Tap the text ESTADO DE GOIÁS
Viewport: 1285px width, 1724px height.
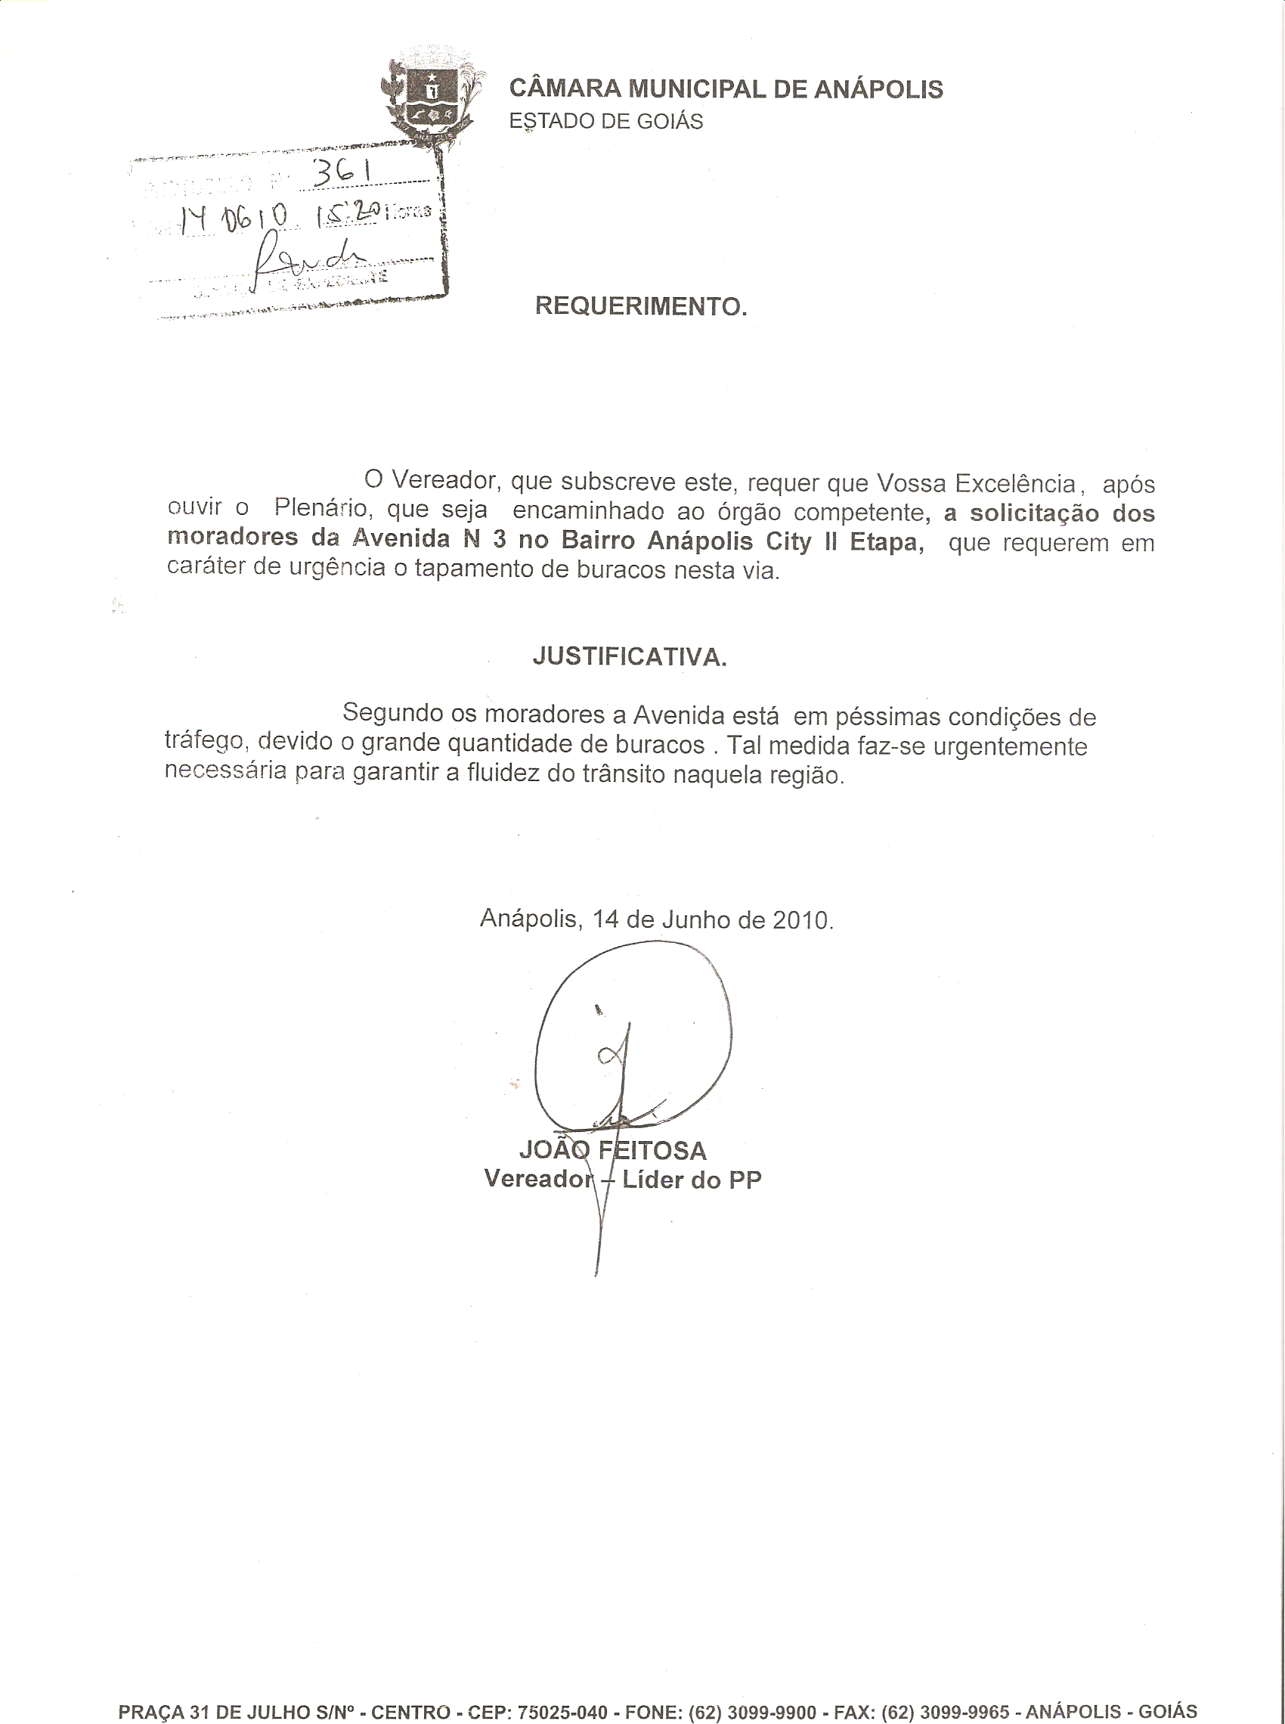(605, 122)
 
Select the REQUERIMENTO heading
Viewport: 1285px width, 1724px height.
(640, 307)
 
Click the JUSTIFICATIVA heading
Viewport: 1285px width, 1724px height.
(630, 658)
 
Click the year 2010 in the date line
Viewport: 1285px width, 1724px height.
(801, 919)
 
